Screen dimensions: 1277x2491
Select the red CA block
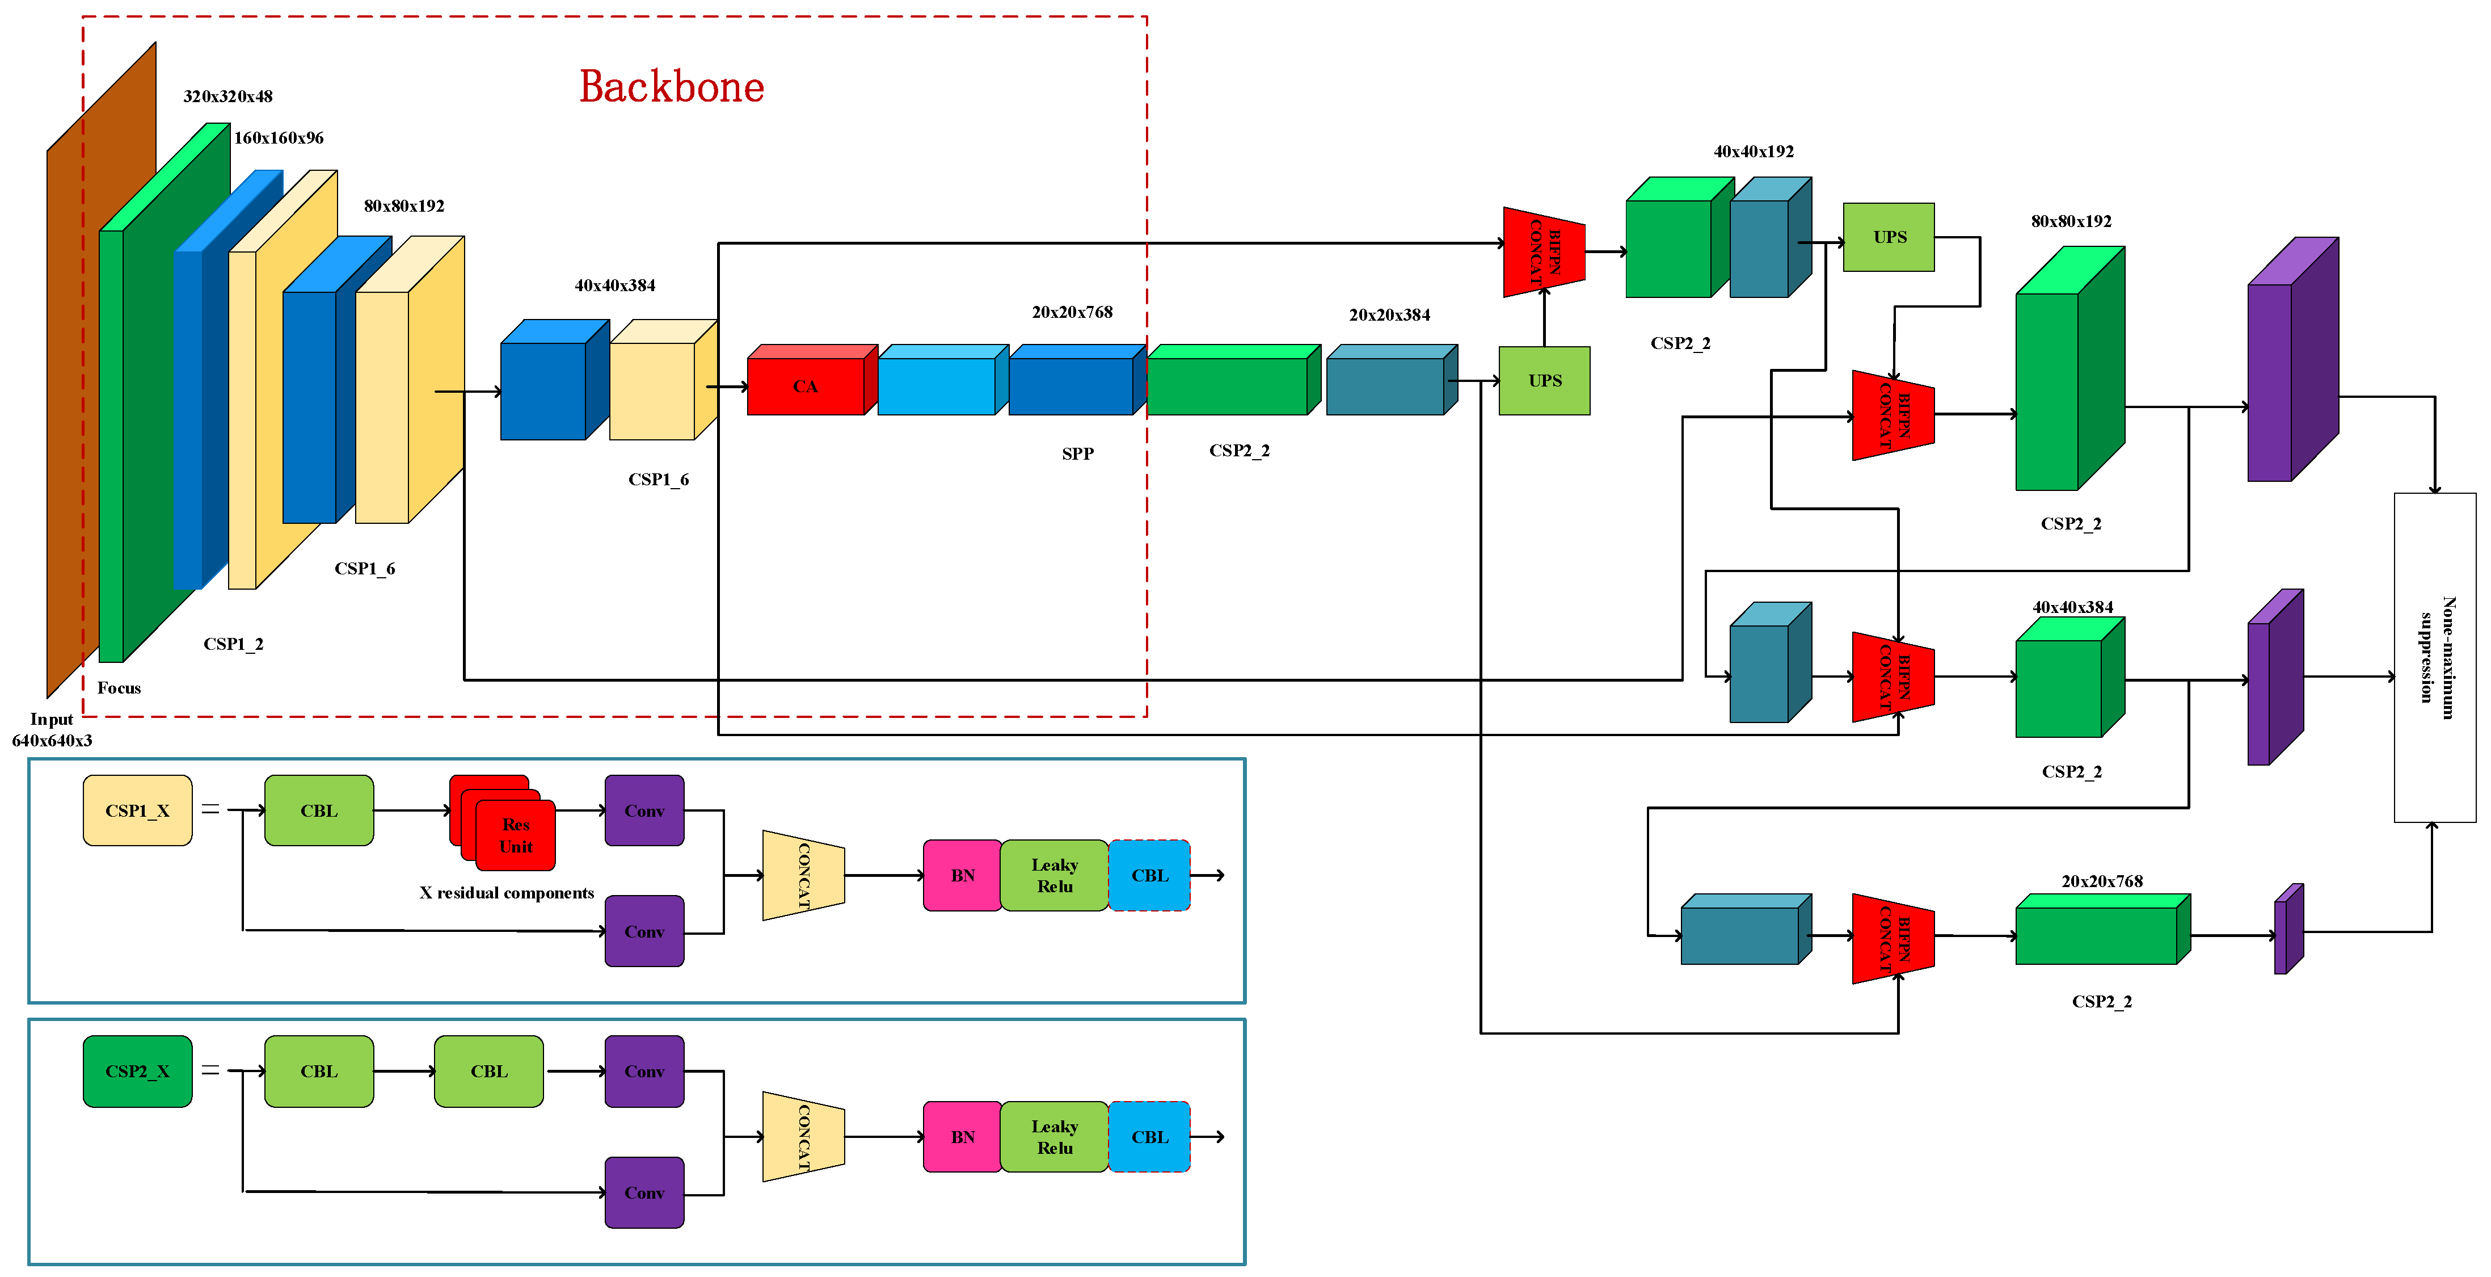[806, 386]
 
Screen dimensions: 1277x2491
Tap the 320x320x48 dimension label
[228, 96]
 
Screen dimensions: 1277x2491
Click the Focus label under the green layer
[119, 688]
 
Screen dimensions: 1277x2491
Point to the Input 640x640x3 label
[52, 729]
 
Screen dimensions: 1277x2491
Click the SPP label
[1077, 453]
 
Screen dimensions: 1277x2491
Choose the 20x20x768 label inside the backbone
[1072, 313]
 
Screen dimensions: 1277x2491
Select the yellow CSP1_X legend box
[137, 810]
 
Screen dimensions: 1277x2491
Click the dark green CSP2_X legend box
[137, 1071]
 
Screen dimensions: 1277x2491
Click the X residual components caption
[507, 893]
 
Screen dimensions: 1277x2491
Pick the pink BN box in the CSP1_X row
[962, 876]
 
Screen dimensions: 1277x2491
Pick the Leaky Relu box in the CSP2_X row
[1054, 1137]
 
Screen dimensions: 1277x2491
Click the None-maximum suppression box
[2434, 658]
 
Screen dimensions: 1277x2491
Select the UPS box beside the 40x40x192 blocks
[1889, 237]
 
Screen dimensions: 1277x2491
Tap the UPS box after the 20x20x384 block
[1544, 381]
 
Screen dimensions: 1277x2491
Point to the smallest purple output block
[2288, 931]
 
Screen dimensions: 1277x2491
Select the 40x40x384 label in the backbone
[615, 285]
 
